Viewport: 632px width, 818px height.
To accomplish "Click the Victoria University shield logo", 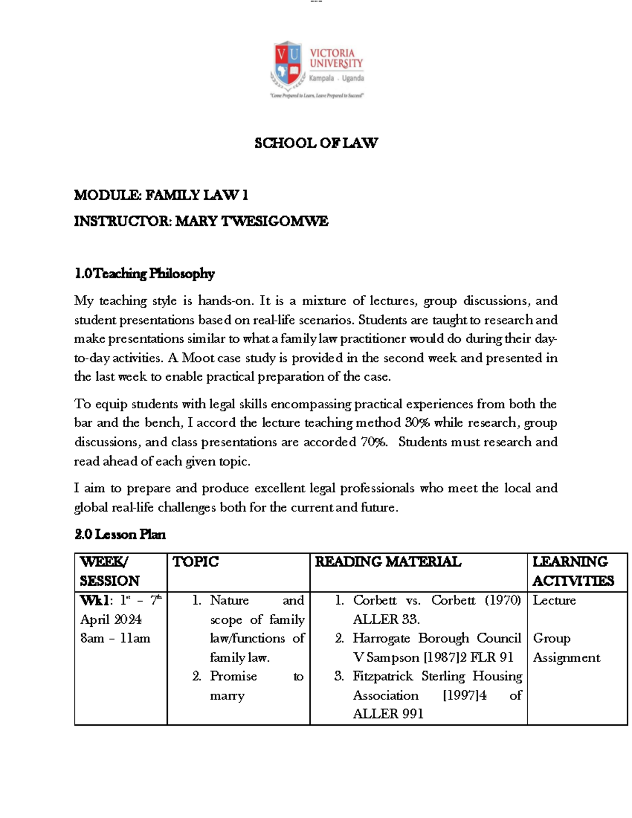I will click(288, 64).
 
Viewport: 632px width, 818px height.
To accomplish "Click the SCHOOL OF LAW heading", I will click(316, 143).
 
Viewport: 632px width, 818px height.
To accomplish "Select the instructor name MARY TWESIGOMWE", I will click(251, 221).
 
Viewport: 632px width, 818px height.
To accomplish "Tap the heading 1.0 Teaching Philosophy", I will click(144, 273).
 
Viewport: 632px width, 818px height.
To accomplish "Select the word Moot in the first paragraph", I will click(198, 358).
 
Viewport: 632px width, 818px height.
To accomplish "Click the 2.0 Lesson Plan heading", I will click(120, 535).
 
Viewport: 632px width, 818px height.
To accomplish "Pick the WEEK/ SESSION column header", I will click(109, 571).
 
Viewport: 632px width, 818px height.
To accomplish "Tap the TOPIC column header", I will click(195, 562).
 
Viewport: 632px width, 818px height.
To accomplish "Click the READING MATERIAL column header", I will click(388, 562).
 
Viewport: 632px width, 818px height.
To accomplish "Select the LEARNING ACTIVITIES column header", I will click(572, 571).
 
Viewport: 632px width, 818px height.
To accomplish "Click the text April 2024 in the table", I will click(111, 619).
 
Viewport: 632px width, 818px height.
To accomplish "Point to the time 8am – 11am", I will click(115, 638).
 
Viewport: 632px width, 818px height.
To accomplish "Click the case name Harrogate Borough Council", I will click(436, 638).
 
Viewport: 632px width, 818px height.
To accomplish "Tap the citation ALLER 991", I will click(388, 714).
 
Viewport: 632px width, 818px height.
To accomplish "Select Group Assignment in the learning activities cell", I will click(566, 648).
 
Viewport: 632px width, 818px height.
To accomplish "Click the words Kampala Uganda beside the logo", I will click(337, 78).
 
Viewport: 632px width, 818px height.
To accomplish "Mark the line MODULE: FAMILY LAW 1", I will click(161, 195).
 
